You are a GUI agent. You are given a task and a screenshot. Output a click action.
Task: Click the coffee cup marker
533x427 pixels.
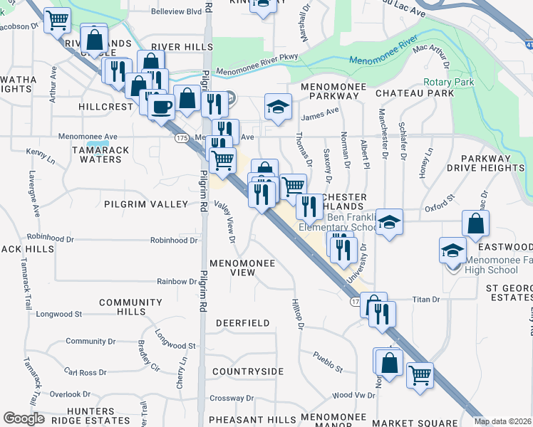[161, 107]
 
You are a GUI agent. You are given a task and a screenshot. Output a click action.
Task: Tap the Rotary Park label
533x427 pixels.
[448, 83]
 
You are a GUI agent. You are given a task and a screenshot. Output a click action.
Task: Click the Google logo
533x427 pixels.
[24, 418]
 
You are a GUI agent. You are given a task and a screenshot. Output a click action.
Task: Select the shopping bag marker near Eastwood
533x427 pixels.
[475, 223]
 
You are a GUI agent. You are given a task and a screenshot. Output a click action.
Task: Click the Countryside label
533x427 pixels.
[248, 371]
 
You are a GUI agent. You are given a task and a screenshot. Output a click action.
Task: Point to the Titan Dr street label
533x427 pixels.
[426, 300]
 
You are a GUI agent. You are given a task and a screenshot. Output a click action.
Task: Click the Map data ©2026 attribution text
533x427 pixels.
[502, 421]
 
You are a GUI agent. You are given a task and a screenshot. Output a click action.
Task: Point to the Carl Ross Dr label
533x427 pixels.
[86, 372]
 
